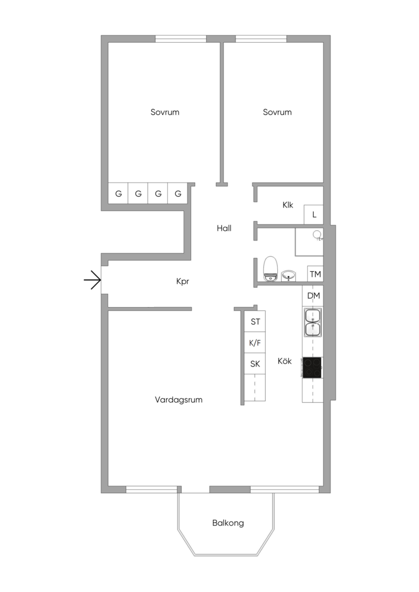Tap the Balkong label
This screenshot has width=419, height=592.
pos(227,523)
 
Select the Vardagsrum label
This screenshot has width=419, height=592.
pos(179,399)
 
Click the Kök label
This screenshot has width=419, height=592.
pos(285,361)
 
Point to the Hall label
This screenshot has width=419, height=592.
pos(224,228)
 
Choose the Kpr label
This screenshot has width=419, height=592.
pos(183,282)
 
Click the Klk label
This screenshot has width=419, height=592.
pos(288,205)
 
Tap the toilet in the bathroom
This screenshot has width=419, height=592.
pos(271,268)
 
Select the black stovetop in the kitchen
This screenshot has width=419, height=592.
pos(313,368)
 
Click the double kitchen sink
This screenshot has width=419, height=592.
pos(313,322)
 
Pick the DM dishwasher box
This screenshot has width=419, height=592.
pos(313,296)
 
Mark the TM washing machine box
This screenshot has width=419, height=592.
pos(315,274)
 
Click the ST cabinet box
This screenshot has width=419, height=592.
pos(255,321)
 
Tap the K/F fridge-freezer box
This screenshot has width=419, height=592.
pos(255,343)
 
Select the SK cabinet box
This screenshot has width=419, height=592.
pos(255,364)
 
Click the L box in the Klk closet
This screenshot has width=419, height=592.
pos(314,214)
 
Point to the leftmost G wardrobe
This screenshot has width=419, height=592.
pos(119,194)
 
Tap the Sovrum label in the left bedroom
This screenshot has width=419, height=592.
pos(165,112)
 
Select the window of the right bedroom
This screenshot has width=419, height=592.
pos(261,39)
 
